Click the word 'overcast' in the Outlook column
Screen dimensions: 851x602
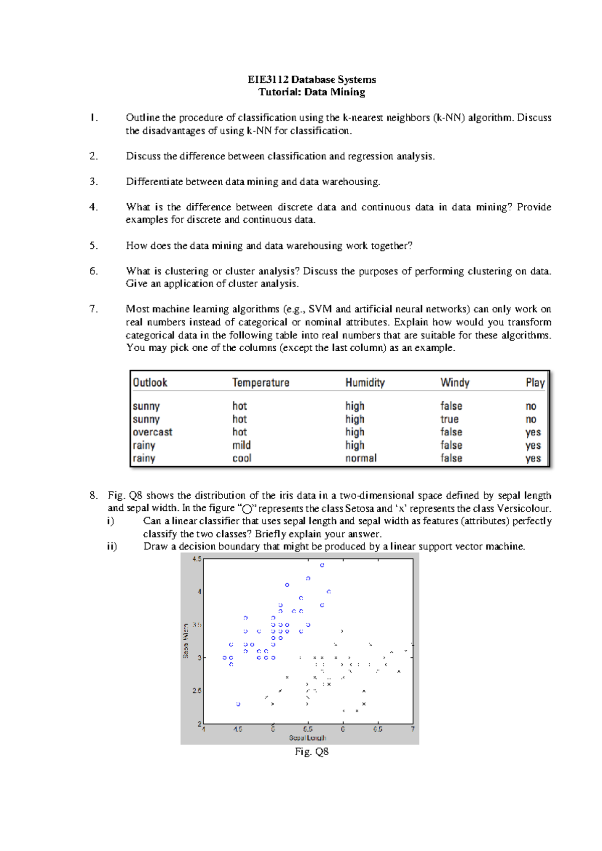(153, 432)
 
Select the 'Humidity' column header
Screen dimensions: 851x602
(365, 382)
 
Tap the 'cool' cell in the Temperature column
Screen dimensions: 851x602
(242, 458)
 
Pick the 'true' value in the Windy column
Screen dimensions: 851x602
(449, 419)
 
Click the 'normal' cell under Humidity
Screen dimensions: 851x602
(361, 458)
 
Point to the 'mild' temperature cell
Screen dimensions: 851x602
(241, 445)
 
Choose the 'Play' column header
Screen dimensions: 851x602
(535, 382)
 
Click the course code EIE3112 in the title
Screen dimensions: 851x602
(268, 79)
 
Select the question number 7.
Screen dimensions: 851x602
(94, 309)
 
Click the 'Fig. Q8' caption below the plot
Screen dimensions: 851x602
(312, 752)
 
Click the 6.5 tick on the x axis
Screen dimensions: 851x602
(378, 729)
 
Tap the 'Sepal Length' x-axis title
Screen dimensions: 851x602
(308, 738)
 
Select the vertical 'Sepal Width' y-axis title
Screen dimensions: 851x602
(186, 641)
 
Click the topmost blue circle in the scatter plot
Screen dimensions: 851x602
(322, 565)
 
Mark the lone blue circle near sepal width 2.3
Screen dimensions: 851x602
(238, 704)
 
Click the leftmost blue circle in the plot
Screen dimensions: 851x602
(224, 657)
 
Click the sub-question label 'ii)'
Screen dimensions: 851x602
(111, 546)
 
